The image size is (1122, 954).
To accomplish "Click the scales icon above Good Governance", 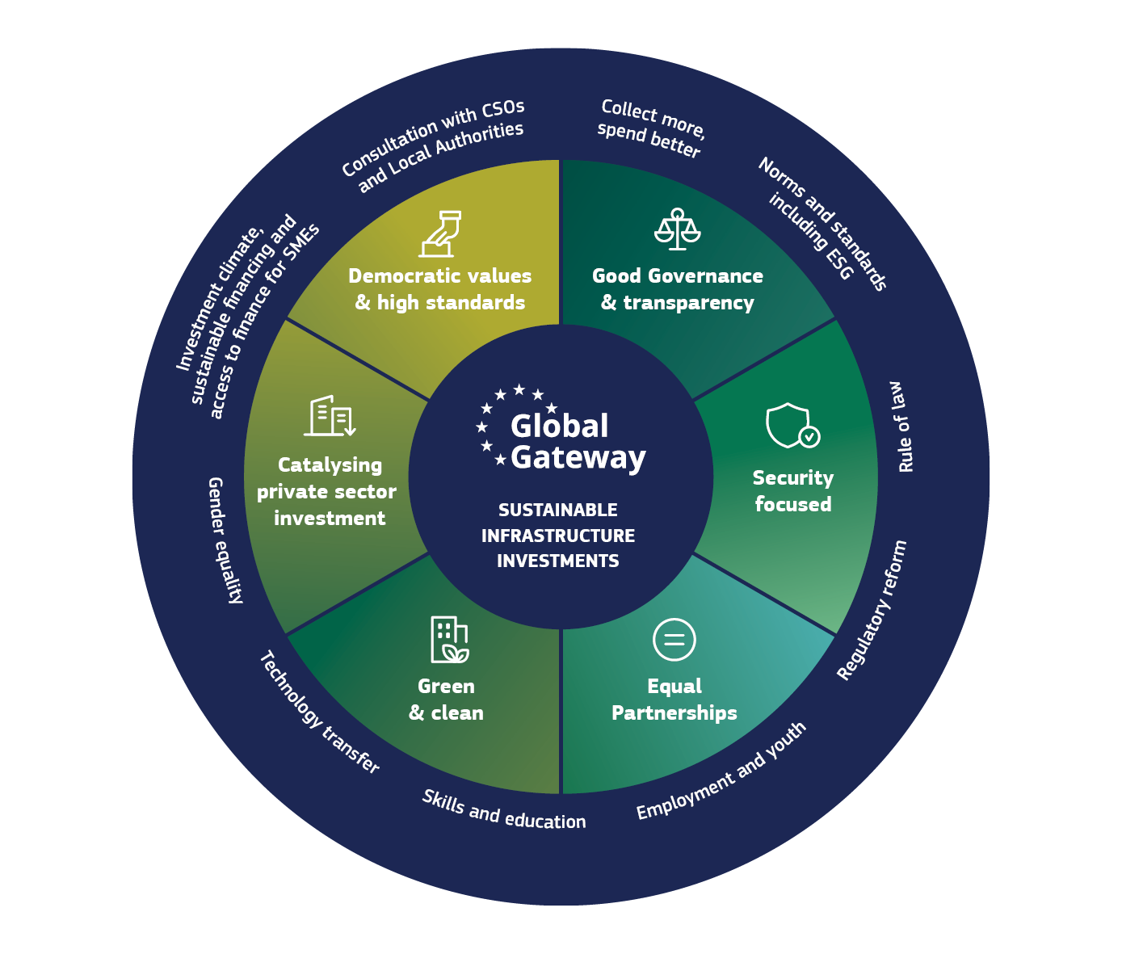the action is pyautogui.click(x=677, y=229).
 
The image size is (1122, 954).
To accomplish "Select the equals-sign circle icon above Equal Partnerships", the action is pyautogui.click(x=674, y=640).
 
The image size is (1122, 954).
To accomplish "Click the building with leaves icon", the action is pyautogui.click(x=449, y=640).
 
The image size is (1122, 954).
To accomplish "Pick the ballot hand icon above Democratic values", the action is pyautogui.click(x=440, y=233).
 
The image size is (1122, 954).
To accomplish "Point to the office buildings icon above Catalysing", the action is pyautogui.click(x=330, y=416).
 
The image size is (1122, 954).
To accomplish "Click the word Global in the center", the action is pyautogui.click(x=559, y=426).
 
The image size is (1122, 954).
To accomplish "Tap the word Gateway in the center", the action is pyautogui.click(x=578, y=458).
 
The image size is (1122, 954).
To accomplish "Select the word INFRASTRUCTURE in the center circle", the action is pyautogui.click(x=558, y=536).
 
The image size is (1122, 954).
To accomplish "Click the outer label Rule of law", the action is pyautogui.click(x=901, y=427).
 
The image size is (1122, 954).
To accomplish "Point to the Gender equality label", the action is pyautogui.click(x=225, y=540).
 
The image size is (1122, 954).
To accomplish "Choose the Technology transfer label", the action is pyautogui.click(x=320, y=712).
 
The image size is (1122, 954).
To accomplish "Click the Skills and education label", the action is pyautogui.click(x=504, y=810).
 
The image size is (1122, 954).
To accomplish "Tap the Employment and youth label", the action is pyautogui.click(x=721, y=771).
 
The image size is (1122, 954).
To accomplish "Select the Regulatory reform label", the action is pyautogui.click(x=872, y=611).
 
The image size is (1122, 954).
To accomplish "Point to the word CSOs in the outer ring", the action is pyautogui.click(x=502, y=110).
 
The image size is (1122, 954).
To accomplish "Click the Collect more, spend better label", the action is pyautogui.click(x=651, y=128).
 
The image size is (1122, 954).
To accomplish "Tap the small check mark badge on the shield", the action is pyautogui.click(x=809, y=436).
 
